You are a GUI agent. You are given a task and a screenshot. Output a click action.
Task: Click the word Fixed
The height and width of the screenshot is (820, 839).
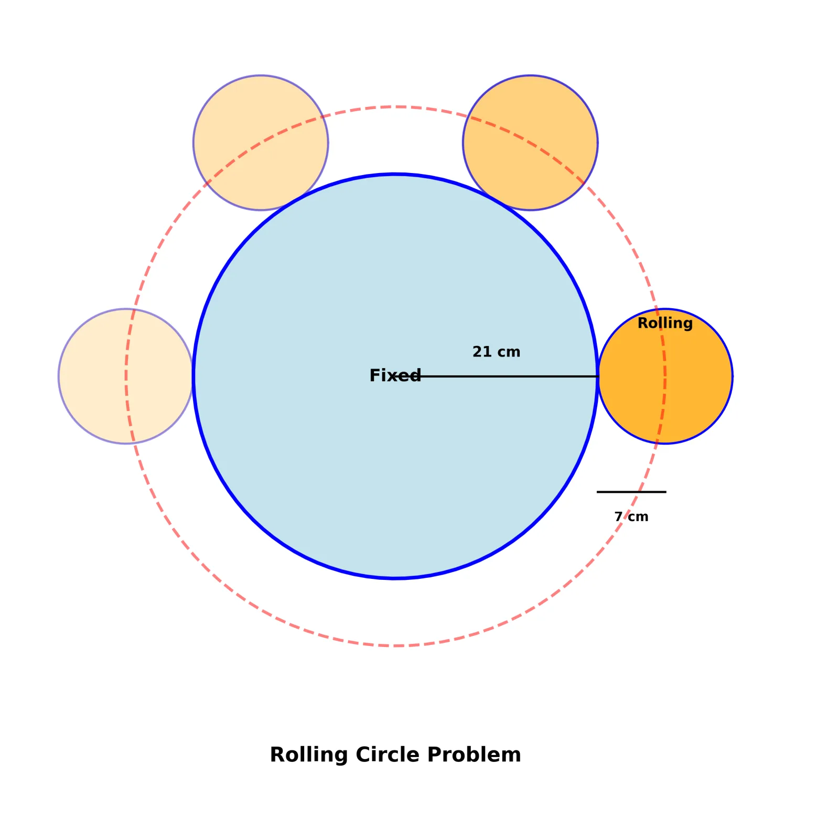[x=395, y=375]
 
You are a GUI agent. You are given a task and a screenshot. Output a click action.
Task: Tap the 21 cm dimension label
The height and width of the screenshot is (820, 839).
[x=496, y=352]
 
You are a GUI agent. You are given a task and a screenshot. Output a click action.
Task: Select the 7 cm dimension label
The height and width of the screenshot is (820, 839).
[x=631, y=517]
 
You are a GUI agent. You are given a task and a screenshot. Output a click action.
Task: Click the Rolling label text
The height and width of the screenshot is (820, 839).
[x=665, y=323]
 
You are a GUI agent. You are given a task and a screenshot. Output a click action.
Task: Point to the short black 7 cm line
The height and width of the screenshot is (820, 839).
[x=631, y=492]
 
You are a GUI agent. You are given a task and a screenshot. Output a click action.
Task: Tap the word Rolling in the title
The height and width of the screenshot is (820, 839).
[x=309, y=754]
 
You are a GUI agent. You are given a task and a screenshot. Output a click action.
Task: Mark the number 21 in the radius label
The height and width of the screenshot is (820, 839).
[x=482, y=352]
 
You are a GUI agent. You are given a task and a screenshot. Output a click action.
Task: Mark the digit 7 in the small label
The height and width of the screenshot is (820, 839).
[x=618, y=517]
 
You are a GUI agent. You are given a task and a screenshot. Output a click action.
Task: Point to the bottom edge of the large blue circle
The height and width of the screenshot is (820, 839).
[x=395, y=578]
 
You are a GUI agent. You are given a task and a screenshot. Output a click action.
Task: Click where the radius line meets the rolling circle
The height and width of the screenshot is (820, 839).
[x=598, y=376]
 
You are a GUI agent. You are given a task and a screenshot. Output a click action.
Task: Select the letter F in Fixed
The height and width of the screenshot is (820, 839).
[x=374, y=375]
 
